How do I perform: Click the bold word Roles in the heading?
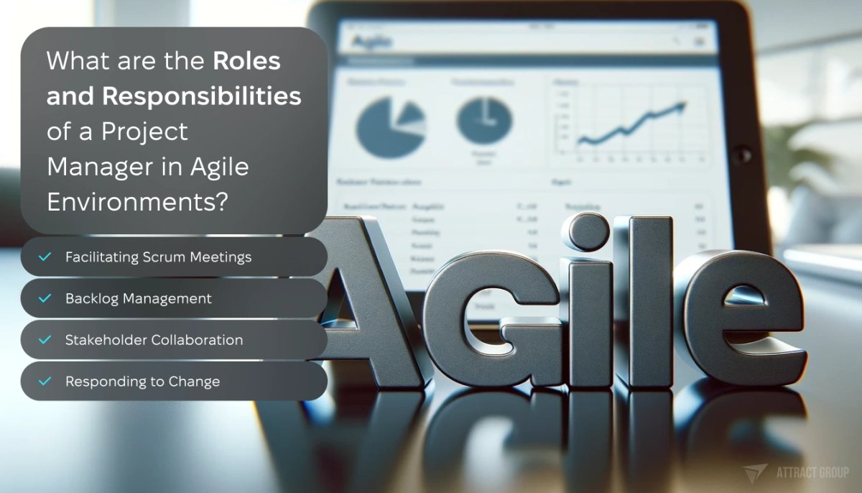(246, 61)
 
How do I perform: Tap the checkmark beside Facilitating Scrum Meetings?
(46, 257)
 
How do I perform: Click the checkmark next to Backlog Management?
(46, 298)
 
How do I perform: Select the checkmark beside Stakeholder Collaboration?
(46, 339)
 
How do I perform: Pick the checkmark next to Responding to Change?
(46, 381)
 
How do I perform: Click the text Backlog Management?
(139, 298)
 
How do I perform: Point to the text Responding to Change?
(142, 382)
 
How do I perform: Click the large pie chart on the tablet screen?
(389, 127)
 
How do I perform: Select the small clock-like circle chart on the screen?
(484, 119)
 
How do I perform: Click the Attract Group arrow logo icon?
(755, 472)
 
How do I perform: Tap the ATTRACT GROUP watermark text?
(812, 472)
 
